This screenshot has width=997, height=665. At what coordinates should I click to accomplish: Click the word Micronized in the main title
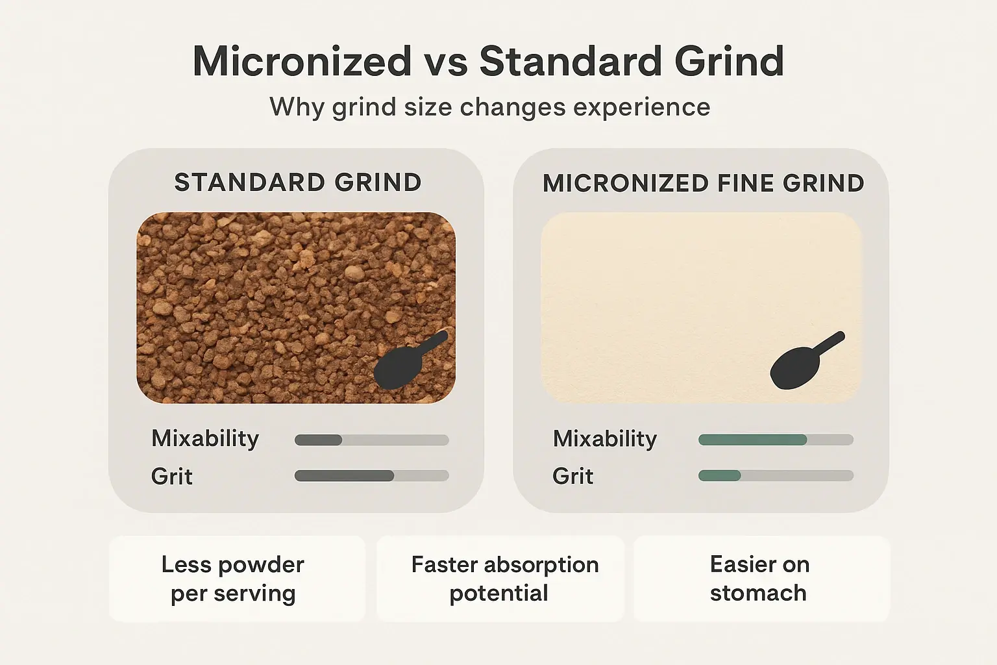pyautogui.click(x=302, y=62)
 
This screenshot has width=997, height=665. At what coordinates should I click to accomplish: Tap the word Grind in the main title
pyautogui.click(x=729, y=62)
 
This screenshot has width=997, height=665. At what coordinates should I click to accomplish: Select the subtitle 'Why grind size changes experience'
pyautogui.click(x=490, y=107)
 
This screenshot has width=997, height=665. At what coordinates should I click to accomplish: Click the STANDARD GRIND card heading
pyautogui.click(x=298, y=183)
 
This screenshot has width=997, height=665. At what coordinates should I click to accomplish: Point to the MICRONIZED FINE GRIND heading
pyautogui.click(x=703, y=184)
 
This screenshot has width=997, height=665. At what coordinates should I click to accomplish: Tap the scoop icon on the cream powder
pyautogui.click(x=801, y=364)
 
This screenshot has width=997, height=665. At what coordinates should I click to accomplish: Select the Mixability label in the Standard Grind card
pyautogui.click(x=205, y=438)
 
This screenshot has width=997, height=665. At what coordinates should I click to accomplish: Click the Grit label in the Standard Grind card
pyautogui.click(x=172, y=477)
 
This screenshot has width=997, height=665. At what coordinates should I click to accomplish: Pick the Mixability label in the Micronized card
pyautogui.click(x=605, y=439)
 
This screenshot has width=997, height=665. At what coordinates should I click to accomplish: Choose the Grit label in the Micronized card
pyautogui.click(x=573, y=477)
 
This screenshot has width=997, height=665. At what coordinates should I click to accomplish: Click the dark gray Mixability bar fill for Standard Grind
pyautogui.click(x=318, y=440)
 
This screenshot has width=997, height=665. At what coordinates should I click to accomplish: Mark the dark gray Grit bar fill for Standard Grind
pyautogui.click(x=344, y=476)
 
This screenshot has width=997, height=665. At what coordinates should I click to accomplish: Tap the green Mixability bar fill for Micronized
pyautogui.click(x=752, y=440)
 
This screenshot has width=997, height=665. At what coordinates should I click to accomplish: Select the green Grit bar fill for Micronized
pyautogui.click(x=719, y=476)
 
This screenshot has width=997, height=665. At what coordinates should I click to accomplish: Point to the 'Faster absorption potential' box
pyautogui.click(x=500, y=579)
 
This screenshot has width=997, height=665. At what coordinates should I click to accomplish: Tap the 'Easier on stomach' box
pyautogui.click(x=761, y=579)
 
